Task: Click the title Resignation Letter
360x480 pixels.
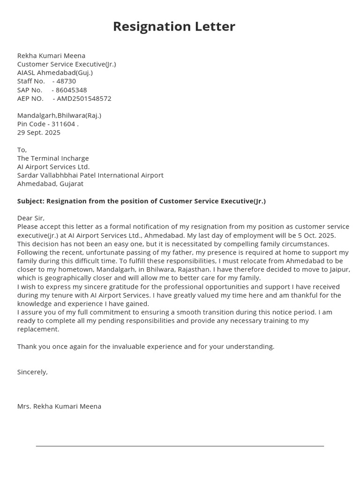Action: [174, 27]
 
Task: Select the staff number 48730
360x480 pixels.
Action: [66, 81]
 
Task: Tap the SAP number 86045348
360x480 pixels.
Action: [71, 90]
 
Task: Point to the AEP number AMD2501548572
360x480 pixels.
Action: [84, 98]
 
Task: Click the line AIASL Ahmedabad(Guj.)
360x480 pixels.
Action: [55, 73]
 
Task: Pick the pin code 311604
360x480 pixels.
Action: [65, 124]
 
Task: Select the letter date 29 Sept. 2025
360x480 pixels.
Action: [39, 133]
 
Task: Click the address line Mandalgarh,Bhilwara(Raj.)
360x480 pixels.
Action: [59, 115]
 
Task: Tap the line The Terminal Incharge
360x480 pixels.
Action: [53, 158]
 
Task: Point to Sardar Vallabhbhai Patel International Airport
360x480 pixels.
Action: [90, 175]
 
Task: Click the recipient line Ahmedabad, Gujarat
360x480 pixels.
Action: [50, 184]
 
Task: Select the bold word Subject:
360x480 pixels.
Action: [30, 201]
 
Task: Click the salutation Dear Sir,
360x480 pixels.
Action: [31, 218]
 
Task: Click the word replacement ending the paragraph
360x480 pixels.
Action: [38, 329]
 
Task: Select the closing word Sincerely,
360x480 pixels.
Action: [32, 372]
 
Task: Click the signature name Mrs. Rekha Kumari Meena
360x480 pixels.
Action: [59, 406]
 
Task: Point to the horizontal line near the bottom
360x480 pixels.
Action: [180, 446]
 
